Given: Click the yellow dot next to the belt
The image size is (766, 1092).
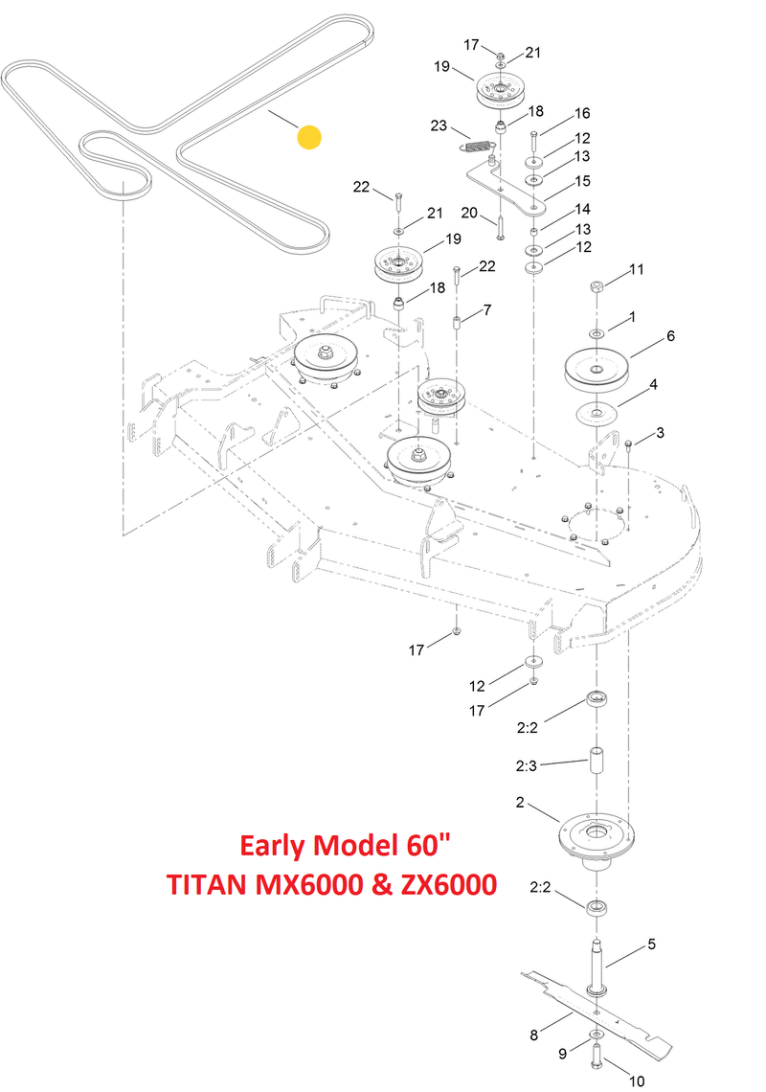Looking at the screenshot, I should point(309,137).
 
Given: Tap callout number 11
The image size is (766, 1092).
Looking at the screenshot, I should point(638,271).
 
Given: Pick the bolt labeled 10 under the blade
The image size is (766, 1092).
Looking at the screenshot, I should point(596,1058).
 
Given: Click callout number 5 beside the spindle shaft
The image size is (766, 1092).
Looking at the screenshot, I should point(652,944).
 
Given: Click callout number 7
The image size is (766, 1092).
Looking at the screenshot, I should point(486,309).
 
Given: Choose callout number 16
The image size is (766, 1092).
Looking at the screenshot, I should point(582,112).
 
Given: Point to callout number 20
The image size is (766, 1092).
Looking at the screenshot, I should point(468,213).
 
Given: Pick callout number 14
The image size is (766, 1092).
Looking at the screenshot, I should point(582,209).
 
